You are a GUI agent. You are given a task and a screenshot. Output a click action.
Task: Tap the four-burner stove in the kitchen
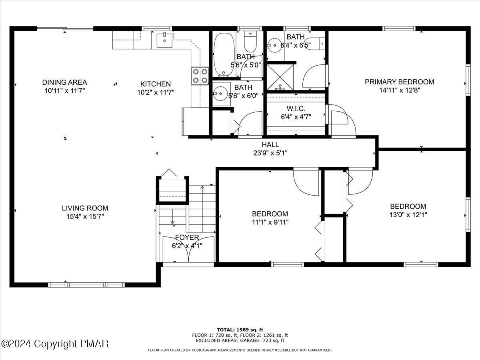point(200,76)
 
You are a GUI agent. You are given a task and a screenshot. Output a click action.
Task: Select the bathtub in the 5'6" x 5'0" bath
point(221,55)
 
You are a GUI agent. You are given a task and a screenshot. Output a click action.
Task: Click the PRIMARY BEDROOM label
point(399,82)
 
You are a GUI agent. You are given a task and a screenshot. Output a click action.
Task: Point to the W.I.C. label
point(296,109)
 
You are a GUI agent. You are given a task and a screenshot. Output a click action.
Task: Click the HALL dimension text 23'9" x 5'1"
point(270,153)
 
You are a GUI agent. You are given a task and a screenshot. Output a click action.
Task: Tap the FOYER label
point(187,238)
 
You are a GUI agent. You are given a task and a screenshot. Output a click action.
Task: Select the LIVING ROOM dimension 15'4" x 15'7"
point(85,216)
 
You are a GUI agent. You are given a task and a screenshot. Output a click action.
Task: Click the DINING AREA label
point(64,82)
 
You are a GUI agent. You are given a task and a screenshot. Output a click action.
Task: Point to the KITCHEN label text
point(155,84)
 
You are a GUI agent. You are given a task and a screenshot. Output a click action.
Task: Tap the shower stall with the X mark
point(280,77)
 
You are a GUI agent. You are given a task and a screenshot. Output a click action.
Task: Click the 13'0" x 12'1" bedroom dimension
point(408,215)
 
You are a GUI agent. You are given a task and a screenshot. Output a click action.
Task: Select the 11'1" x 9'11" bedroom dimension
point(270,222)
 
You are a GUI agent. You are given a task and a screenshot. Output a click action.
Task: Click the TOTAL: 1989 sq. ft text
point(240,330)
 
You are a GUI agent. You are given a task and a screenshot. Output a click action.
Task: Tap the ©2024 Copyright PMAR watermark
point(55,344)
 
